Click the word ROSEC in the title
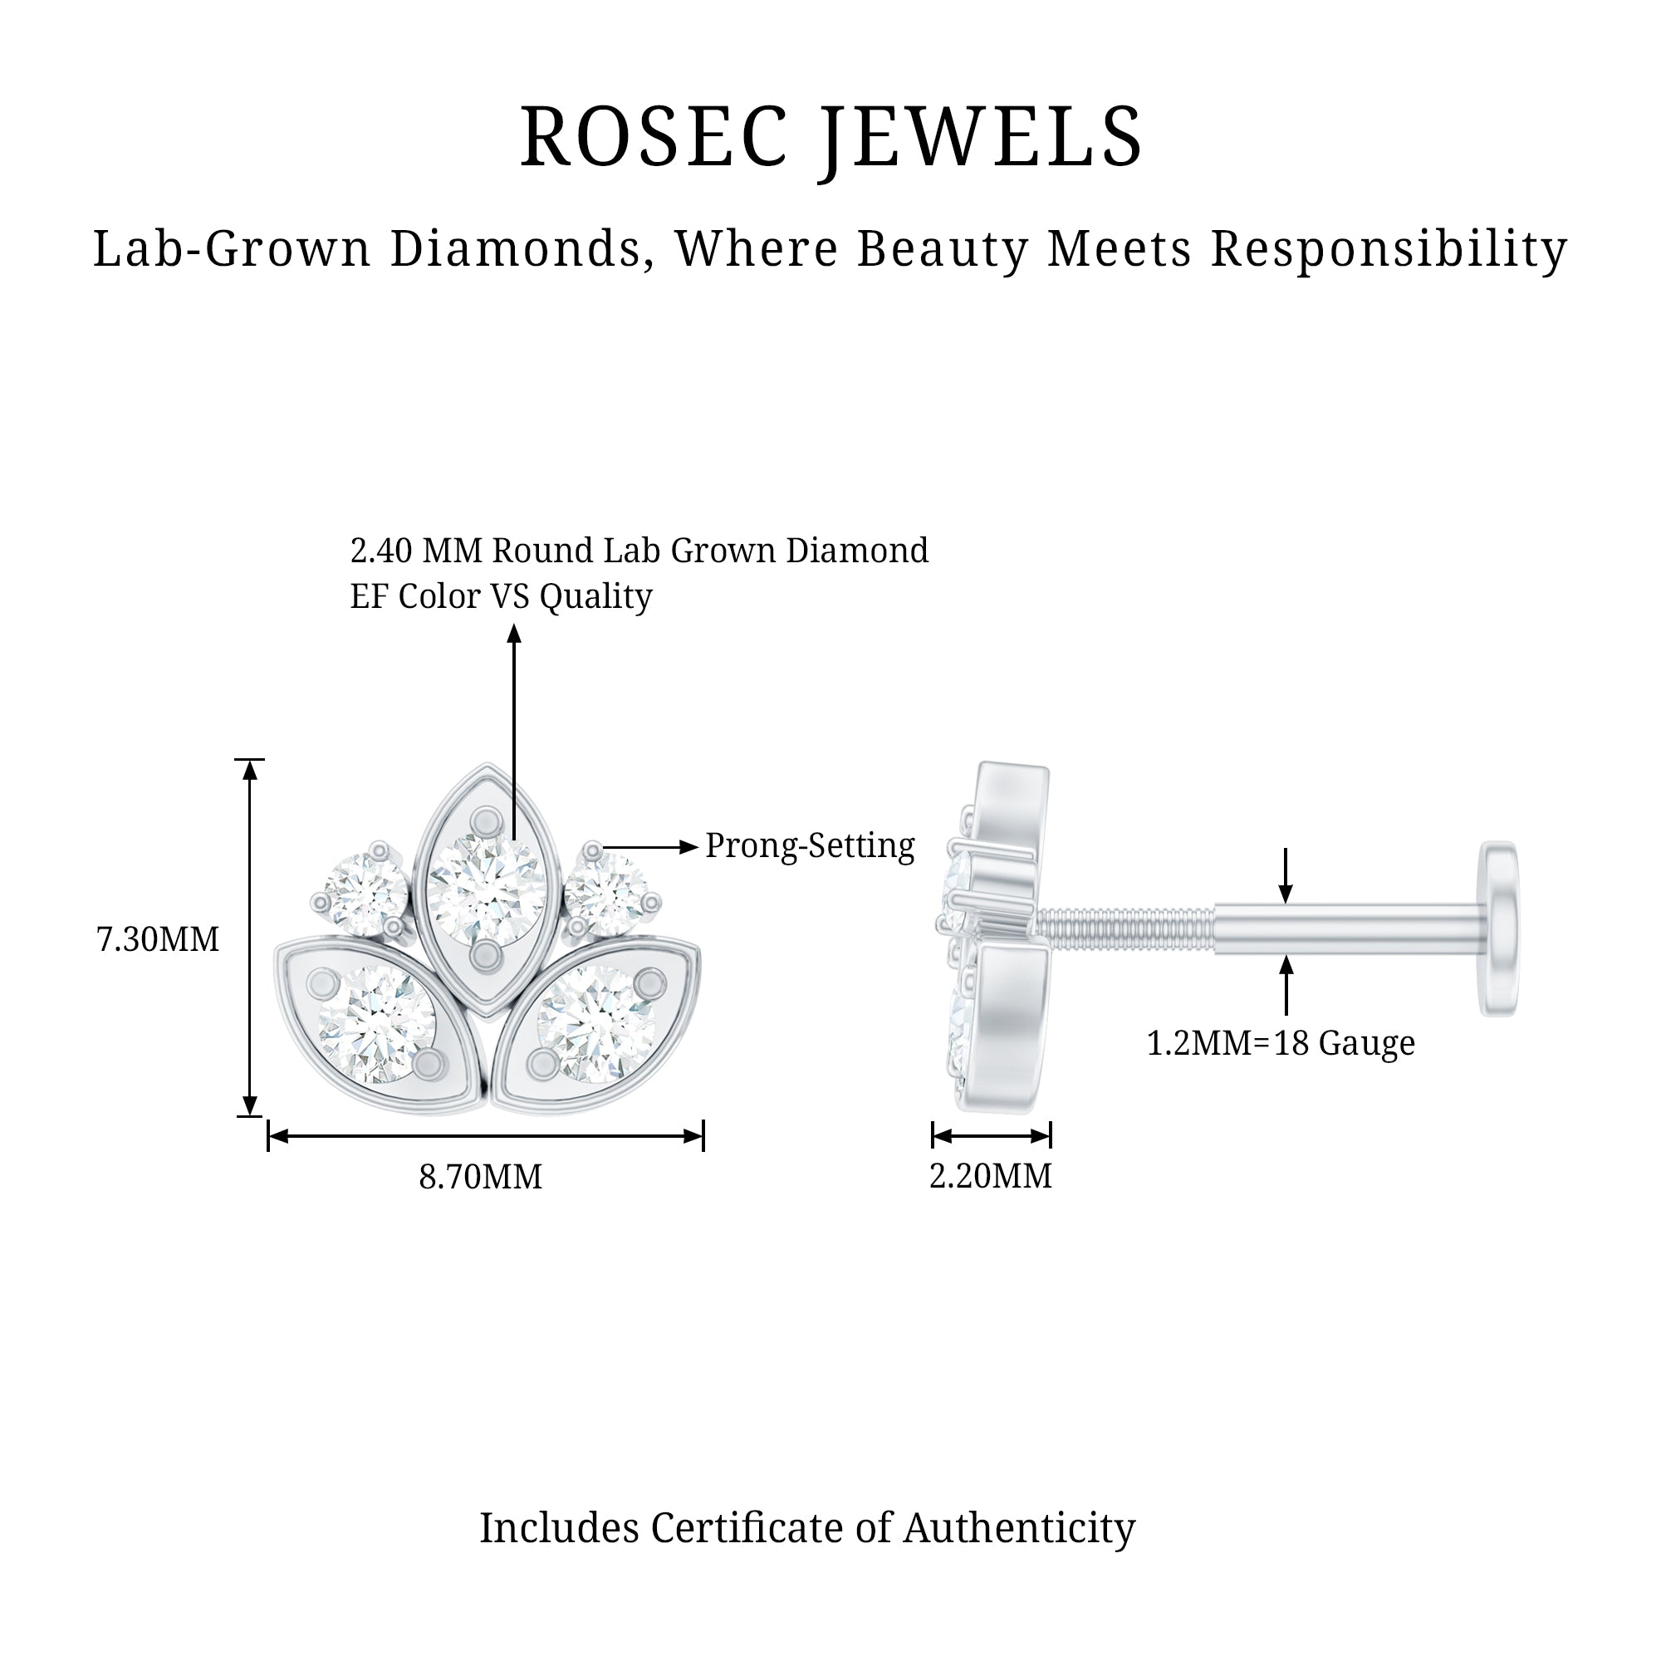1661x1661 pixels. [x=654, y=138]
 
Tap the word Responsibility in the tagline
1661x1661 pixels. [x=1389, y=249]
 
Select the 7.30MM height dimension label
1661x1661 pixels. [x=157, y=939]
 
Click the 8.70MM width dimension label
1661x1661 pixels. [x=481, y=1177]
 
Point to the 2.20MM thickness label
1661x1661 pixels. [x=991, y=1176]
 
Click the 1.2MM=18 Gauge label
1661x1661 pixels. [x=1281, y=1043]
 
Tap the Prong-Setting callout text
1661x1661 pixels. [x=810, y=846]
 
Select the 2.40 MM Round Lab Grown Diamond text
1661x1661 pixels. [x=639, y=551]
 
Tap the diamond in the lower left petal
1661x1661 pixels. [x=376, y=1023]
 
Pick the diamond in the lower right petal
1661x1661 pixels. [x=596, y=1023]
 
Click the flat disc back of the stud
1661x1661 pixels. [x=1498, y=928]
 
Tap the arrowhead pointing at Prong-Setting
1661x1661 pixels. [x=688, y=847]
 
